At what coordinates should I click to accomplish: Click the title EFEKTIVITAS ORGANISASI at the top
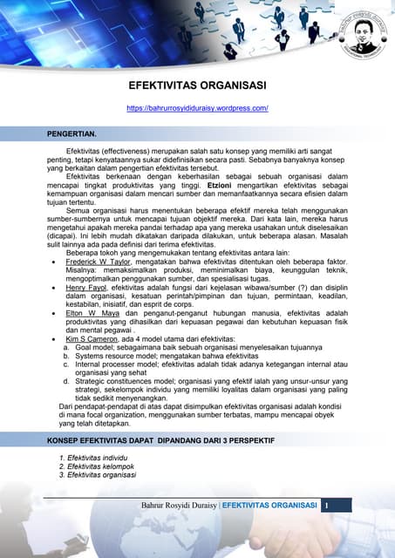[197, 86]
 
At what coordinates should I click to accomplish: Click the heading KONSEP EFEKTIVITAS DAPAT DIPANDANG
[160, 441]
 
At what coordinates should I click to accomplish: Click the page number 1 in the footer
[326, 506]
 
